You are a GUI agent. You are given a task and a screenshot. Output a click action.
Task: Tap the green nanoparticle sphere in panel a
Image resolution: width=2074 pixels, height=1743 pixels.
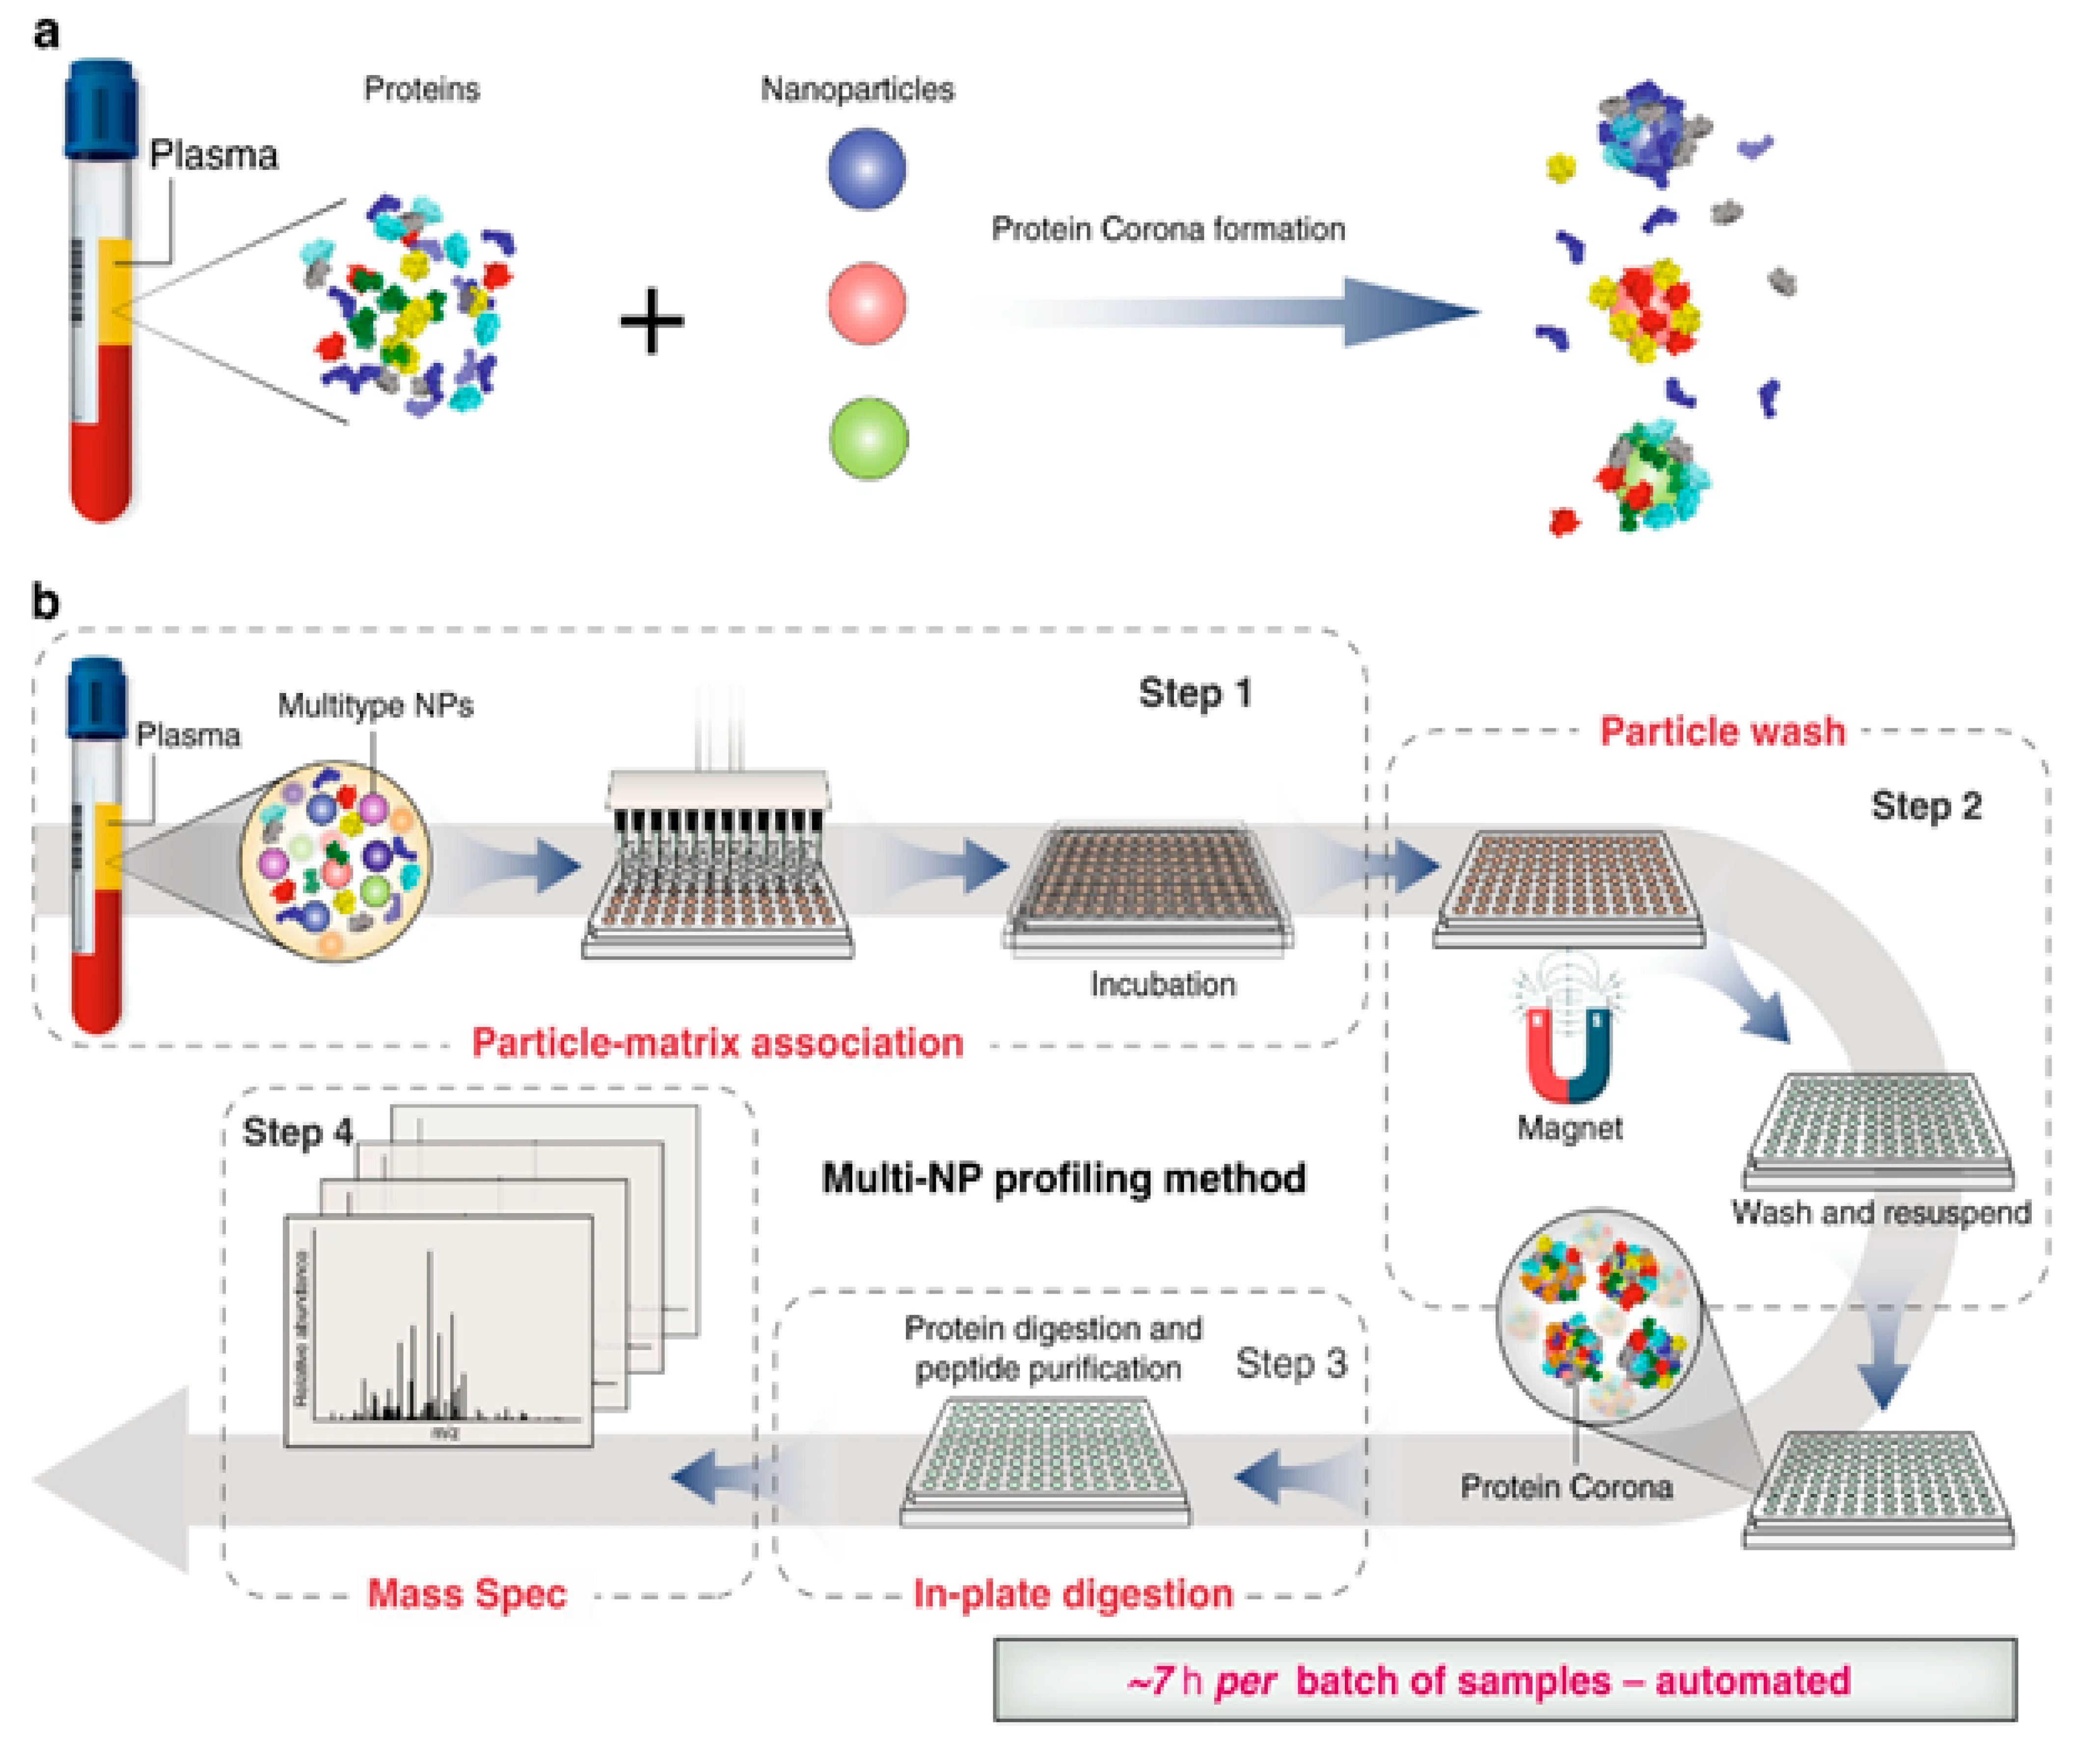(x=868, y=439)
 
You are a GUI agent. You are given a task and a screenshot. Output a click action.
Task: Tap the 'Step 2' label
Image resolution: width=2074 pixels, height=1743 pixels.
(x=1926, y=806)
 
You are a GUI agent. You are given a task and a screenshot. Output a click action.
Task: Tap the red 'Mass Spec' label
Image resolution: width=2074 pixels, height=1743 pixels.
(x=467, y=1594)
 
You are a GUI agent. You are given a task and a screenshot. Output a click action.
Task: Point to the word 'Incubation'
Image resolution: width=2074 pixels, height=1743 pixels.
(x=1162, y=984)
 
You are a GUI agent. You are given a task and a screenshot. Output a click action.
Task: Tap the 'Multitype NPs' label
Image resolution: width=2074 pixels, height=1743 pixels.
(x=375, y=705)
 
